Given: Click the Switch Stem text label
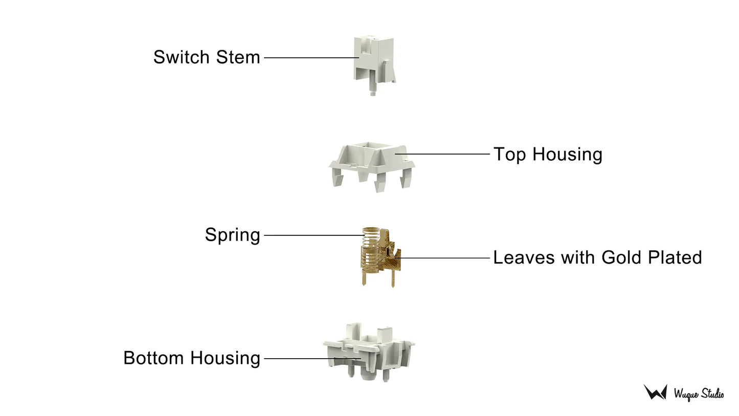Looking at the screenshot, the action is pos(207,57).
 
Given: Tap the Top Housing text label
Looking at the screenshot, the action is pos(548,155).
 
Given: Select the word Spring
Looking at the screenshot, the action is pos(233,235).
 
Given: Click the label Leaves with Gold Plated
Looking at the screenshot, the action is pos(597,257).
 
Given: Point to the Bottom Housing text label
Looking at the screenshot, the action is pos(192,358).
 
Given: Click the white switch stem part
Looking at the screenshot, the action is pos(374,65).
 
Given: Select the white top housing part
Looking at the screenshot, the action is pos(372,167).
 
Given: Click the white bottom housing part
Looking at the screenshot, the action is pos(369,352).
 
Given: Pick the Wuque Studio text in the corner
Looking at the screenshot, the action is pos(699,394).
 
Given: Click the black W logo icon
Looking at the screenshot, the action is pos(655,392).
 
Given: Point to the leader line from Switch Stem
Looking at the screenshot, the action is pos(312,58).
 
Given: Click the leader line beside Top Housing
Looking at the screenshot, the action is pos(442,154).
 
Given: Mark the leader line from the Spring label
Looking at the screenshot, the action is pos(314,235).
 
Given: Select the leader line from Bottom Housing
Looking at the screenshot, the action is pos(313,358).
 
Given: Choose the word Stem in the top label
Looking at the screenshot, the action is pos(238,57).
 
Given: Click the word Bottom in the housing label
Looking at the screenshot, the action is pos(153,358).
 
